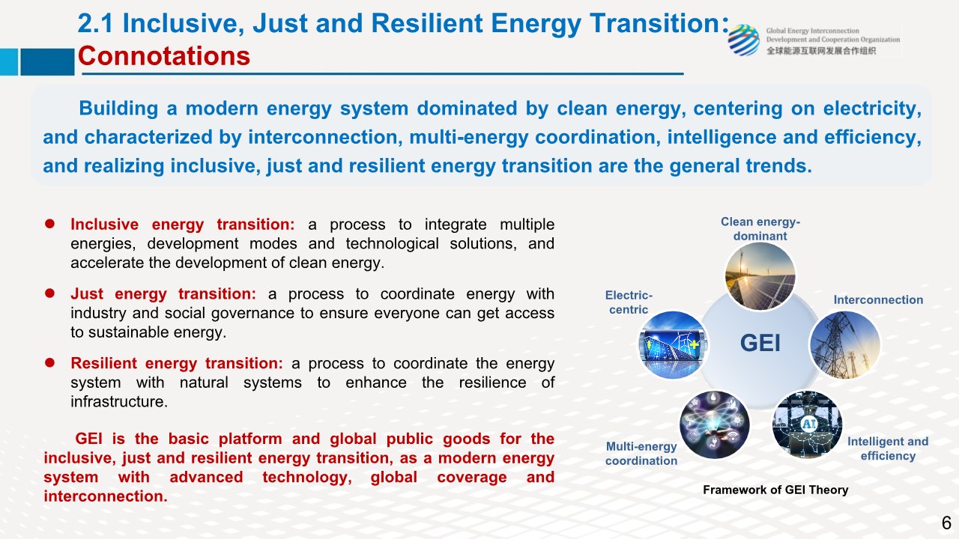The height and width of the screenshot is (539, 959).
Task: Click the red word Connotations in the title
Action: tap(164, 56)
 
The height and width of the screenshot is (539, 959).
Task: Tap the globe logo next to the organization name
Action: tap(744, 40)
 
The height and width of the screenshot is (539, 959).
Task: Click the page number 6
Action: tap(946, 523)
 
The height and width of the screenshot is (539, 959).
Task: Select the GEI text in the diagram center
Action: tap(760, 343)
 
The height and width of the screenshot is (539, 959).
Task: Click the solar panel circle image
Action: tap(760, 276)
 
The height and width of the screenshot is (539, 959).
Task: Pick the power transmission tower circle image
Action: tap(844, 345)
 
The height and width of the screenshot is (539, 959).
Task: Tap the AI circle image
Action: tap(807, 424)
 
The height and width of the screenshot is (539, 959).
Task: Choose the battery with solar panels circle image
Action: tap(673, 345)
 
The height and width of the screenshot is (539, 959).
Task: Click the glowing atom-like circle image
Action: tap(715, 424)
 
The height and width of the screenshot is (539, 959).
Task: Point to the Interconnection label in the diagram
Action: tap(878, 300)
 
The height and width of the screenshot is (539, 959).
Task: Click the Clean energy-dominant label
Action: tap(760, 229)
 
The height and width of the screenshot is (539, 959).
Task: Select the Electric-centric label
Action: tap(629, 302)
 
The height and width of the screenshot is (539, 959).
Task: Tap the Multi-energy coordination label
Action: tap(641, 454)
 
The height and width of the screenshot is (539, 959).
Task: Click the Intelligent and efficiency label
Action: tap(888, 448)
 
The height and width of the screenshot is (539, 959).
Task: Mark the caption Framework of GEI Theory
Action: tap(775, 490)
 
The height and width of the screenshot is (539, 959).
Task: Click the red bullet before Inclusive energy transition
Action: tap(49, 224)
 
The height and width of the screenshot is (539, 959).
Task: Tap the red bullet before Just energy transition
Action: tap(49, 293)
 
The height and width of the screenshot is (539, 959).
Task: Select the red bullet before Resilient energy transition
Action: tap(49, 363)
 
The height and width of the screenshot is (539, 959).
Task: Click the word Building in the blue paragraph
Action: tap(118, 109)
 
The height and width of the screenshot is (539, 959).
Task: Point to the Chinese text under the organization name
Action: tap(821, 51)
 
